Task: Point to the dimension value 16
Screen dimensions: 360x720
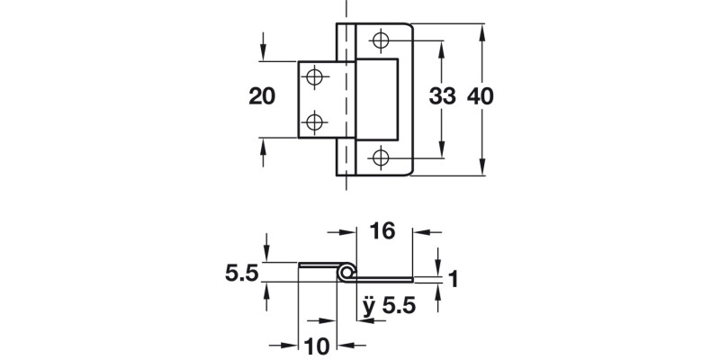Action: click(x=382, y=232)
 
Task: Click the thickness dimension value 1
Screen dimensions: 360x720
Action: click(x=454, y=280)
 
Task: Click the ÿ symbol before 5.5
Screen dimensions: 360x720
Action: click(x=368, y=306)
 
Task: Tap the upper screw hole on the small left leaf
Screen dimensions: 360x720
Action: click(x=314, y=78)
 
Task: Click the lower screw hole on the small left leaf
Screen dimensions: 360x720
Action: click(x=314, y=121)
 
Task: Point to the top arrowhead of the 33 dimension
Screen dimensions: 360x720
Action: click(x=441, y=46)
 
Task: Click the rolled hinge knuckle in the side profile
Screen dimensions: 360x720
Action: click(x=346, y=272)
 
